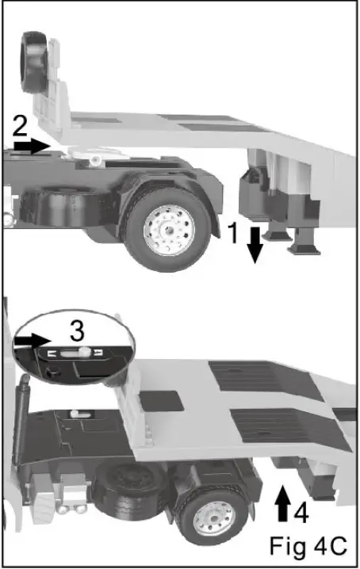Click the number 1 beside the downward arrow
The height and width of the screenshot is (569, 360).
pyautogui.click(x=234, y=233)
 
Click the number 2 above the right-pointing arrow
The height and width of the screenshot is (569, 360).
pyautogui.click(x=20, y=126)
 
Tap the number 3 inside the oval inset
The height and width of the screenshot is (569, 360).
pyautogui.click(x=77, y=330)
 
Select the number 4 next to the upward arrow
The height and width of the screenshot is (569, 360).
pyautogui.click(x=301, y=513)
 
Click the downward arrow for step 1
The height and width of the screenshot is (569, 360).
pyautogui.click(x=255, y=245)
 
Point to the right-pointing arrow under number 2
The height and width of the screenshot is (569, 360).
pyautogui.click(x=32, y=146)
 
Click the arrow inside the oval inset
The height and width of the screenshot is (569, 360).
pyautogui.click(x=33, y=341)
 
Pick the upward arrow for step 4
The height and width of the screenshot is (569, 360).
pyautogui.click(x=282, y=503)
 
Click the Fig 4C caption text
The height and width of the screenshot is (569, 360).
pyautogui.click(x=308, y=546)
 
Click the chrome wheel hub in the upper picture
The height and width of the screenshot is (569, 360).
pyautogui.click(x=169, y=230)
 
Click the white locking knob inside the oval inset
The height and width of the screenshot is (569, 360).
pyautogui.click(x=84, y=352)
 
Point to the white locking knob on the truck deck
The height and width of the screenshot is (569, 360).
pyautogui.click(x=76, y=414)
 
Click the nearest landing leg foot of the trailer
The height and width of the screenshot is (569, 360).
pyautogui.click(x=304, y=250)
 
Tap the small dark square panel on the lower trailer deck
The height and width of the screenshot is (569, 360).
pyautogui.click(x=162, y=401)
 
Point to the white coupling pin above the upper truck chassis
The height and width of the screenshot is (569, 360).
pyautogui.click(x=95, y=160)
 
